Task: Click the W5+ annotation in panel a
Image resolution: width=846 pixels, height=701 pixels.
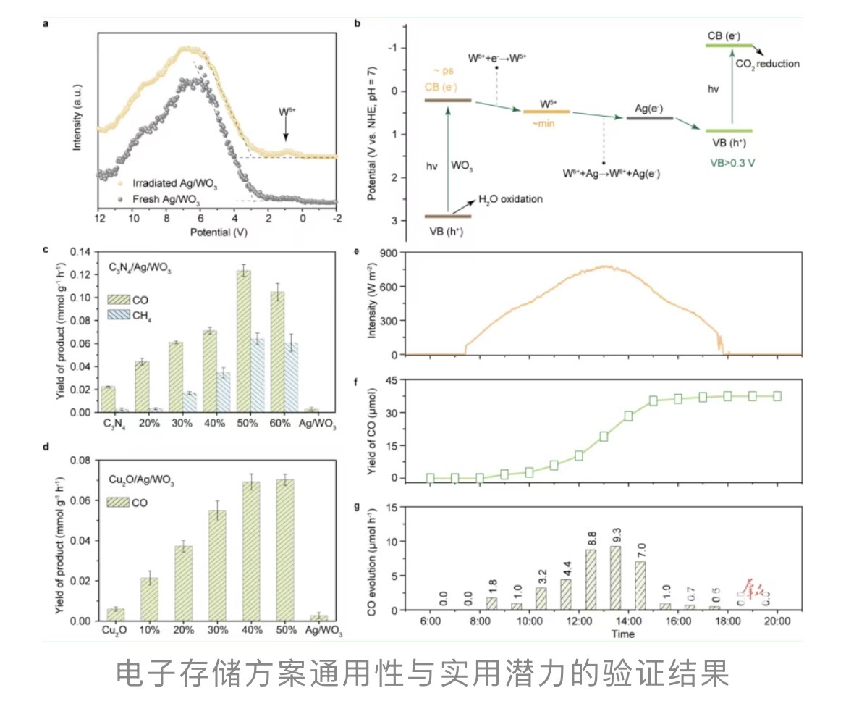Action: [x=287, y=112]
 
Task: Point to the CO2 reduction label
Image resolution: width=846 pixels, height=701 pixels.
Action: [x=767, y=64]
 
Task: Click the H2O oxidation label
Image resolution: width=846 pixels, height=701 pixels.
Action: [x=509, y=199]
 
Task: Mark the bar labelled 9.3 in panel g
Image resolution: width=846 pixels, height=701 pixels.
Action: [x=615, y=577]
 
